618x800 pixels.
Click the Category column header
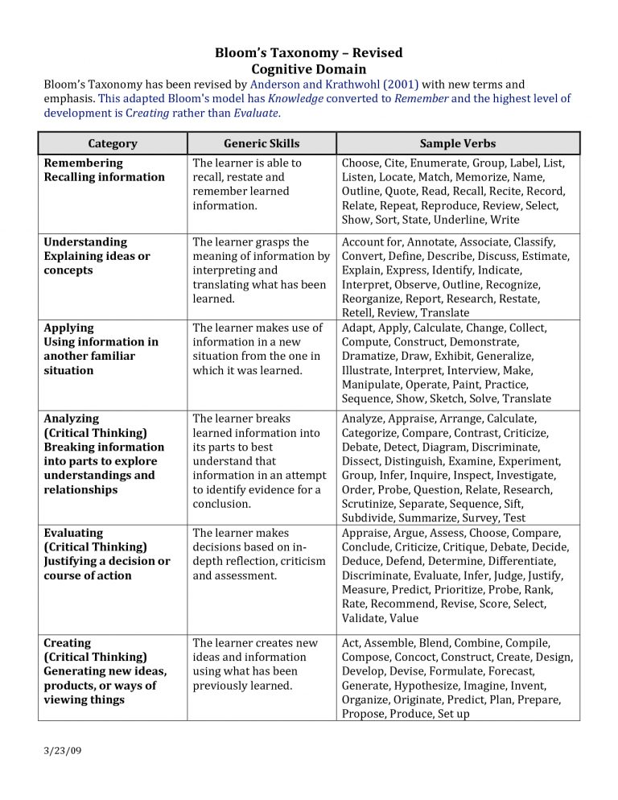[113, 143]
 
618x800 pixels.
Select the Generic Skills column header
[262, 143]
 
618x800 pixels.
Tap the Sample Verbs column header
[457, 143]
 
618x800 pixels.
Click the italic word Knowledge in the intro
[295, 98]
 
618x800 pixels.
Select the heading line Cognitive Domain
[308, 69]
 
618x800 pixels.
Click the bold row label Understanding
[85, 241]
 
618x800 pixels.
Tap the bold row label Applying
[68, 328]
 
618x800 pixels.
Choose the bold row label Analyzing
[72, 419]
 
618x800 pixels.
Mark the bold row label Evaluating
[73, 533]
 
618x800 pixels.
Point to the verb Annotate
[435, 241]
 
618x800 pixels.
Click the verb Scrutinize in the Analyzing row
[373, 504]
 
